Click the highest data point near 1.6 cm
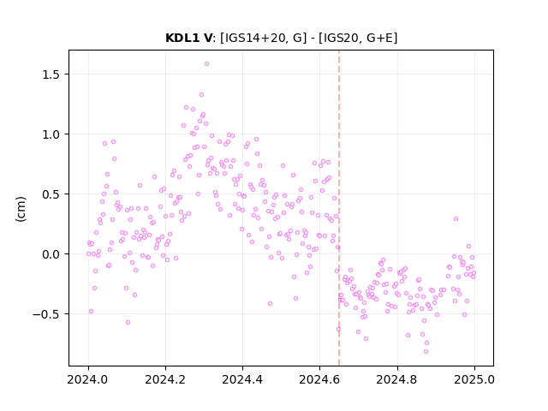206,64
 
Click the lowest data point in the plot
426,352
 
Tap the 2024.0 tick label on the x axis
88,379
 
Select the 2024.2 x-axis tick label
165,379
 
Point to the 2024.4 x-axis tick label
242,379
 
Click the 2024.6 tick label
319,379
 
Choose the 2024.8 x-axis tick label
397,379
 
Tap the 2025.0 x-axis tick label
474,379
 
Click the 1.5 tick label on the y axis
51,74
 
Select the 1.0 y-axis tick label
51,134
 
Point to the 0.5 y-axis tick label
51,194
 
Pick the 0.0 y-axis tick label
51,254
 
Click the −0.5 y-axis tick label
46,314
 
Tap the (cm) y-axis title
21,209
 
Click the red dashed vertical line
339,208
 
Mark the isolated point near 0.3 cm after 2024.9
456,219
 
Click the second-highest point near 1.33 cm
202,95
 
